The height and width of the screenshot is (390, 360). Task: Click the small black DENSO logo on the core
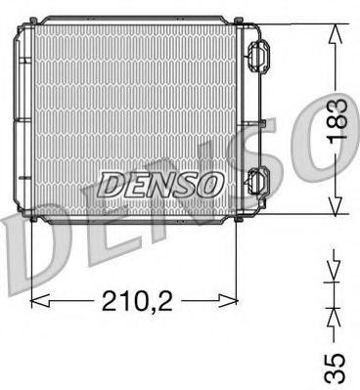pyautogui.click(x=150, y=182)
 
